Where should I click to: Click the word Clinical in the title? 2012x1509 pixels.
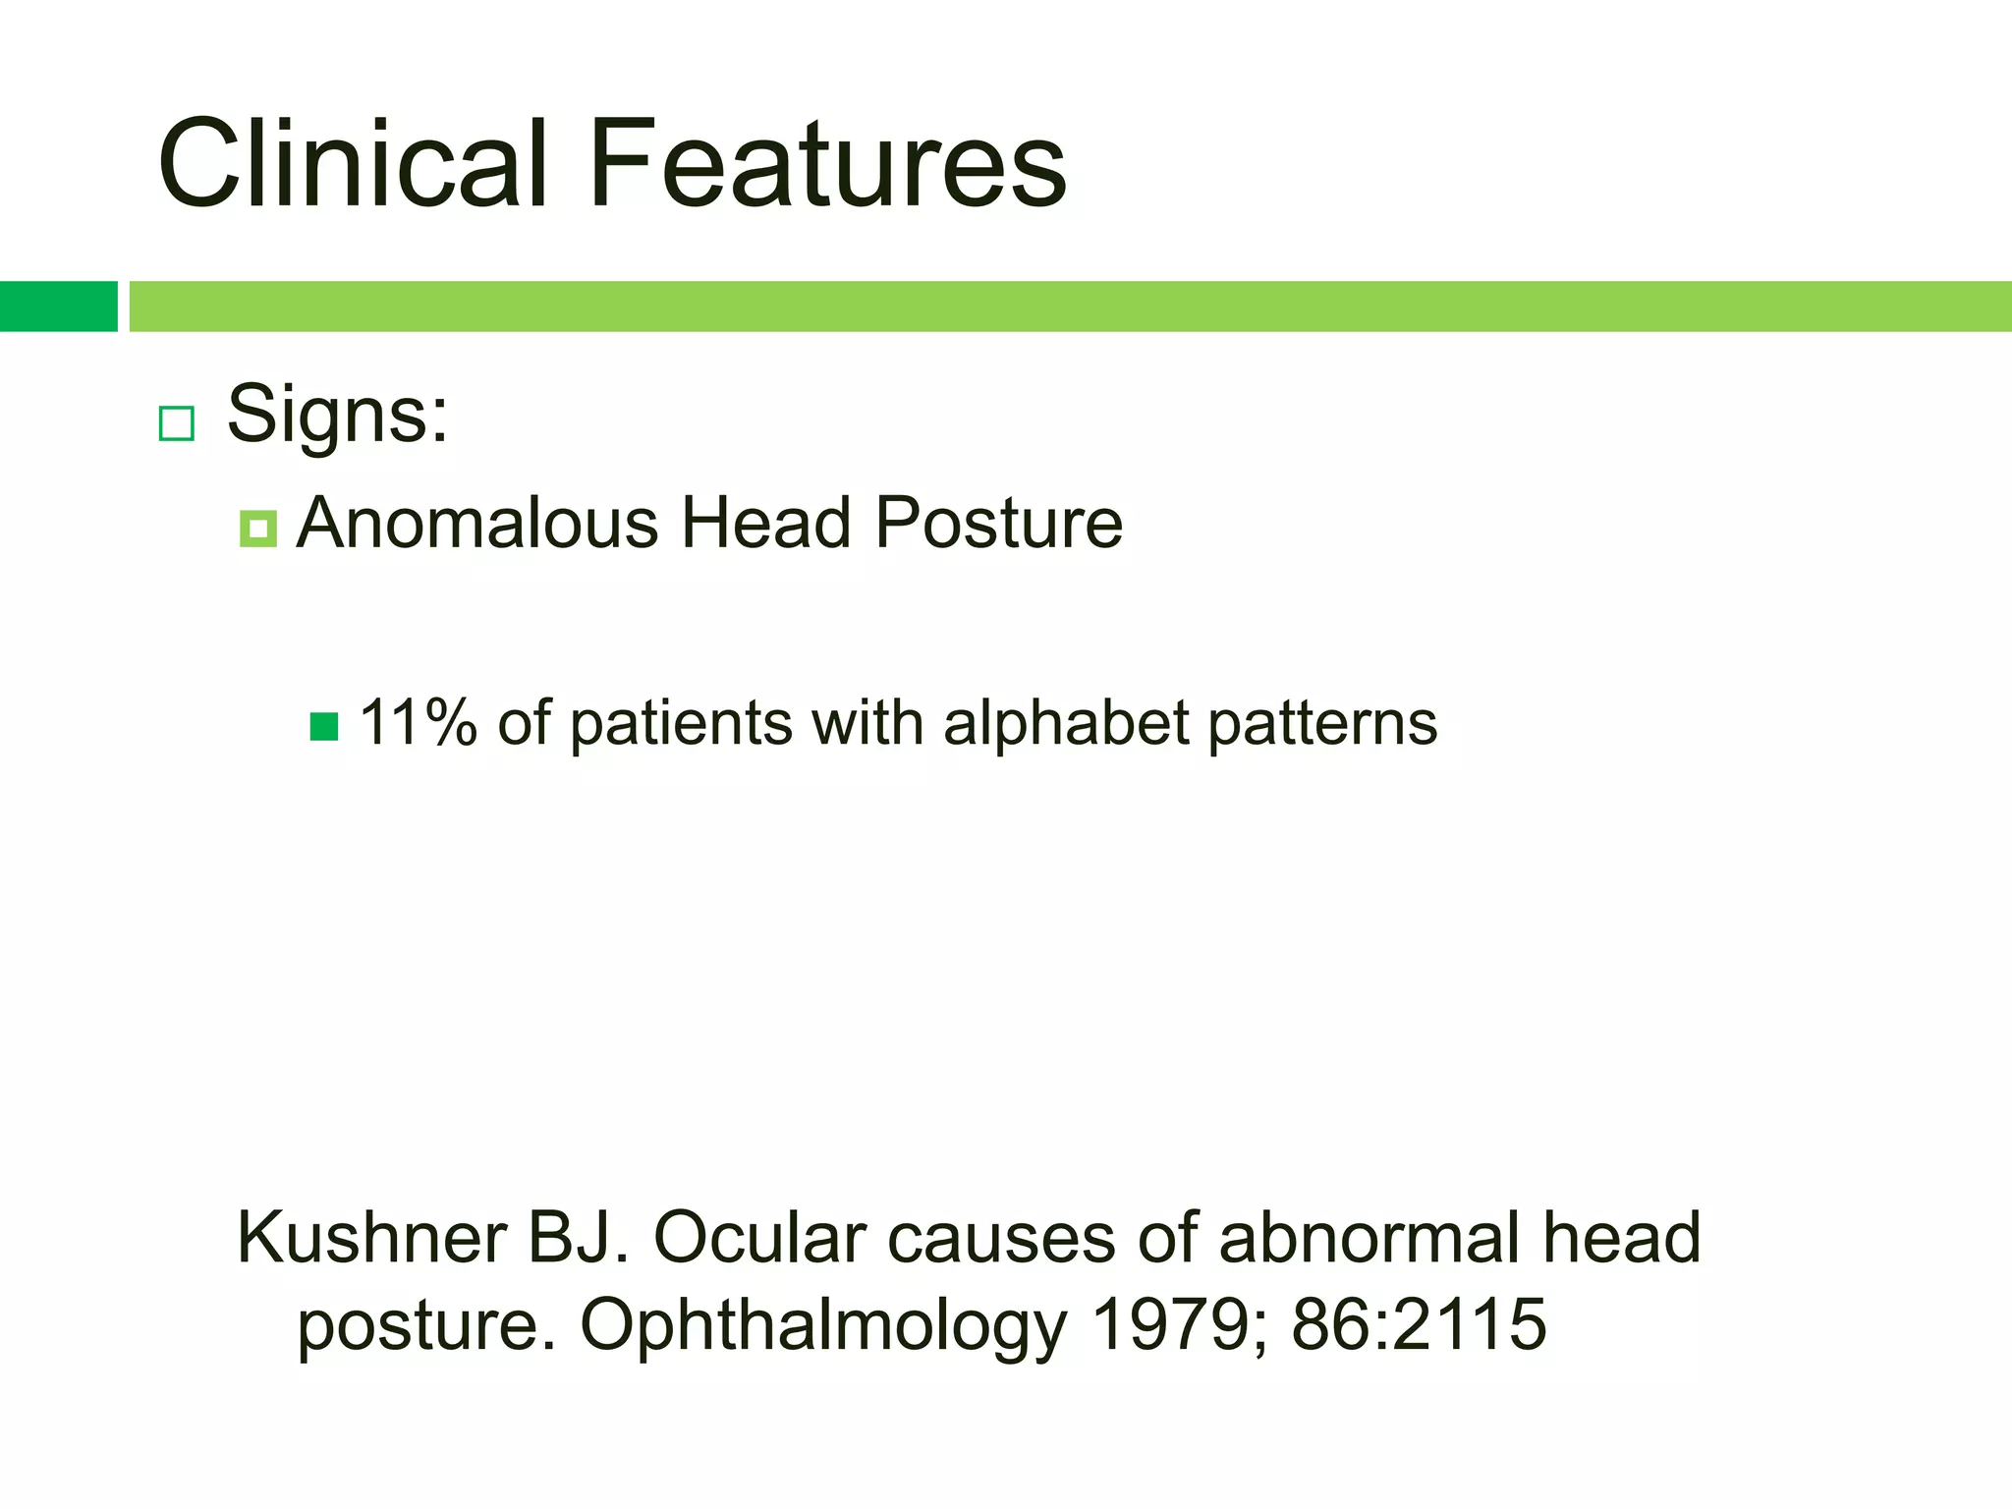[x=352, y=163]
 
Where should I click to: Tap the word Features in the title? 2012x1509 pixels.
[x=827, y=163]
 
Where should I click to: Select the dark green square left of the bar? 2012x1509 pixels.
[x=58, y=307]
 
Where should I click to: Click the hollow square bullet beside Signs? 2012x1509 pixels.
[x=177, y=423]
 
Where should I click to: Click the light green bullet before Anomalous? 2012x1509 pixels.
[x=257, y=529]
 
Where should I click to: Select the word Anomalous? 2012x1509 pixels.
[x=477, y=523]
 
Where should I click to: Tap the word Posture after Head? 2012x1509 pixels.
[x=998, y=523]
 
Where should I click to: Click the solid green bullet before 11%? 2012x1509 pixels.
[x=324, y=727]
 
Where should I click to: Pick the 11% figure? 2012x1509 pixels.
[x=418, y=723]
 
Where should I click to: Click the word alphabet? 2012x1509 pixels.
[x=1066, y=723]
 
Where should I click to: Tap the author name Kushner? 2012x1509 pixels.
[x=371, y=1237]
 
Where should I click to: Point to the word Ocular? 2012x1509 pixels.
[x=760, y=1237]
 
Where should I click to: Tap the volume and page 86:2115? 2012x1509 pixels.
[x=1419, y=1324]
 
